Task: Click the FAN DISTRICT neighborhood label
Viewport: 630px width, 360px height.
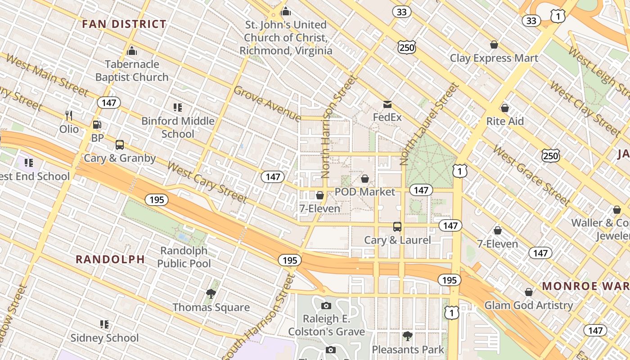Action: [124, 24]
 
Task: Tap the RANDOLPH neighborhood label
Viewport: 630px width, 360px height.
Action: [110, 259]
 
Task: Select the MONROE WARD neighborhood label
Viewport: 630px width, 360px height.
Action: [585, 286]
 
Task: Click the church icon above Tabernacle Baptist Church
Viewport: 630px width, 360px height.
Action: [132, 50]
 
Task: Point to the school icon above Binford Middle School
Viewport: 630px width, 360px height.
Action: [178, 107]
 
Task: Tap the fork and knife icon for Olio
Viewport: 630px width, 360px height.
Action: [69, 116]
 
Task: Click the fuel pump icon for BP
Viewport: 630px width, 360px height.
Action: [97, 125]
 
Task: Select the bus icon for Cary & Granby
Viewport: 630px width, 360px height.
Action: [120, 145]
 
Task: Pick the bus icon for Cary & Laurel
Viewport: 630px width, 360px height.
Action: [397, 227]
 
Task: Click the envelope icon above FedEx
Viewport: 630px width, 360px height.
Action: [387, 105]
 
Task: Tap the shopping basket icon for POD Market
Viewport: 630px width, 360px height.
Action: [365, 179]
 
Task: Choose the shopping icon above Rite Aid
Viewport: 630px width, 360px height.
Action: [505, 108]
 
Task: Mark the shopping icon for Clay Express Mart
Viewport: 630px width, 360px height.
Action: [494, 45]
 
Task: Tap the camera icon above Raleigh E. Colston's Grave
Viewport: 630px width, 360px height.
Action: [326, 306]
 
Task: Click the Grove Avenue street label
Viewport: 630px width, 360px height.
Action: [267, 104]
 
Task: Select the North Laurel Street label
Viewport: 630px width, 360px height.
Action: [429, 123]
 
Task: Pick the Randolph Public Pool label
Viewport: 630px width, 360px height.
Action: [184, 257]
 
